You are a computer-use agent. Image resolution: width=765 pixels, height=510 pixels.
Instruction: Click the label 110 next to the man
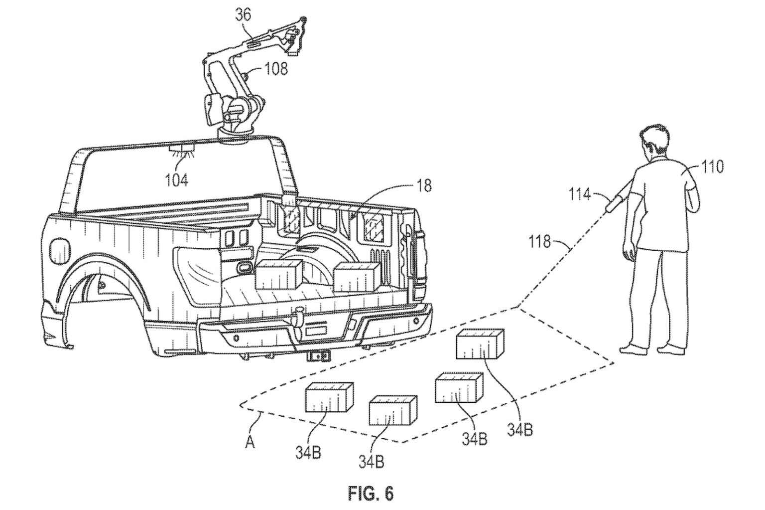pos(712,167)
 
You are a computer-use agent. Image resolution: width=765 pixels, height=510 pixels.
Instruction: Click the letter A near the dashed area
pos(250,442)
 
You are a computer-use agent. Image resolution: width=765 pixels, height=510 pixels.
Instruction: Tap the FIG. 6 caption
pos(371,494)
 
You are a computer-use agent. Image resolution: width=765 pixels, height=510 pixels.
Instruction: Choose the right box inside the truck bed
pos(355,277)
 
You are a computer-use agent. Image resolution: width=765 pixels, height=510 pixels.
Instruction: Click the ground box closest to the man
pos(480,344)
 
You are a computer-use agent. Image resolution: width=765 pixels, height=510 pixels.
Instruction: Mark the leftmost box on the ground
pos(329,398)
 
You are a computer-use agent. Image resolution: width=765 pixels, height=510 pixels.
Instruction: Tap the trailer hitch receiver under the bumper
pos(315,355)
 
